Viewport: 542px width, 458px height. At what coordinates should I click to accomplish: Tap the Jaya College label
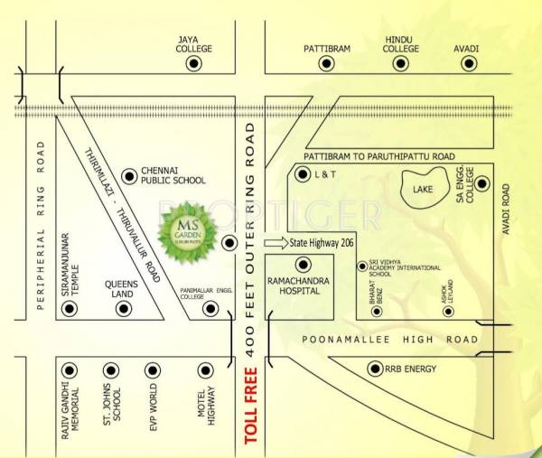[x=193, y=44]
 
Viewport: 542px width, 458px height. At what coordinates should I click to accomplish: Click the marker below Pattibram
[x=327, y=64]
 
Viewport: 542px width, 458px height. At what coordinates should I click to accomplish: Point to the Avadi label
[x=467, y=48]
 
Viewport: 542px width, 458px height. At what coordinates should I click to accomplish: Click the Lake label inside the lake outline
[x=423, y=190]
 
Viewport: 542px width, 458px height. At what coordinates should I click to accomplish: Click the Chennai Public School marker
[x=129, y=173]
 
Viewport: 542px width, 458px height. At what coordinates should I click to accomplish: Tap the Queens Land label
[x=120, y=286]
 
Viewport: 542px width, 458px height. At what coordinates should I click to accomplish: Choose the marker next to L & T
[x=303, y=179]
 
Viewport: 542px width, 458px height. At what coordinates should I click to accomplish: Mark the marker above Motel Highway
[x=206, y=369]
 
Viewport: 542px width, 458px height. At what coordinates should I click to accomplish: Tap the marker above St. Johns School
[x=111, y=369]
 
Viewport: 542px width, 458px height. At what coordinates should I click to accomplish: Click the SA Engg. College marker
[x=481, y=184]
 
